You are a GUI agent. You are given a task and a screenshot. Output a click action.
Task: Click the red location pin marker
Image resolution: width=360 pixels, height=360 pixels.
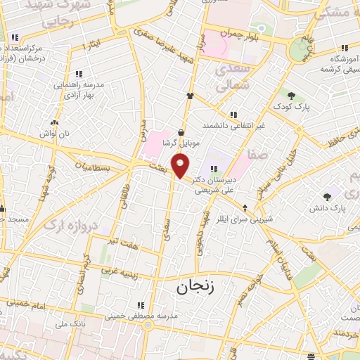pos(181,166)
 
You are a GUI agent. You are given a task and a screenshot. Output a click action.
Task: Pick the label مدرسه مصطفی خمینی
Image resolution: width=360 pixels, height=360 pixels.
pos(140,316)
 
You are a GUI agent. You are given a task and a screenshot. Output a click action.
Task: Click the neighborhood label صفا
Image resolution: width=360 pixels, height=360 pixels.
pos(257,152)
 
